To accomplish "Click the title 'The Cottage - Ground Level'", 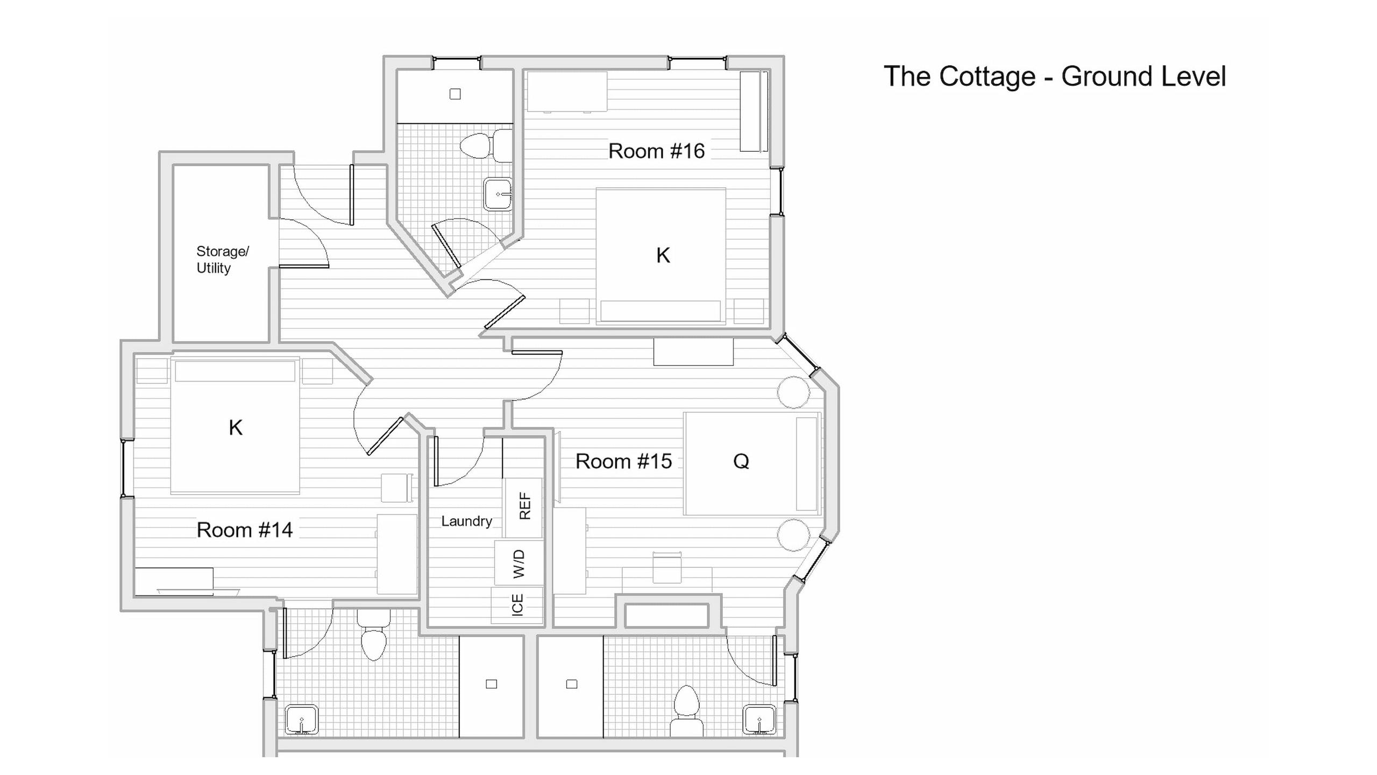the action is pos(1055,77).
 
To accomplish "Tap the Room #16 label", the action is pos(656,151).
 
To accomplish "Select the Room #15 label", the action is pos(623,461).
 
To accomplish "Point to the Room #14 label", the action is pos(245,530).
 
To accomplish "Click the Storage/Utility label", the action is pos(222,260).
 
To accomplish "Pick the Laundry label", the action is pos(466,521).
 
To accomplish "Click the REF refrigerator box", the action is pos(523,508).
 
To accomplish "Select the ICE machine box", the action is pos(517,605).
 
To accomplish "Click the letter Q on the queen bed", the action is pos(741,461).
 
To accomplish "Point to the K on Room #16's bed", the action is pos(663,256).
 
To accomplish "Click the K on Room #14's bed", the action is pos(236,428).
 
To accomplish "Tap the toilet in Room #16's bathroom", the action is pos(486,145).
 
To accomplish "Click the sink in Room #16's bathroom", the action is pos(498,194).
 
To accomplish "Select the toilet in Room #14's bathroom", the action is pos(374,636).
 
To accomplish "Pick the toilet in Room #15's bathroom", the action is pos(686,711).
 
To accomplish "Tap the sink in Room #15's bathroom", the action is pos(760,720).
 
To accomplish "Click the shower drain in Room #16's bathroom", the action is pos(455,94).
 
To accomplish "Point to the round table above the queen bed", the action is pos(793,392).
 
